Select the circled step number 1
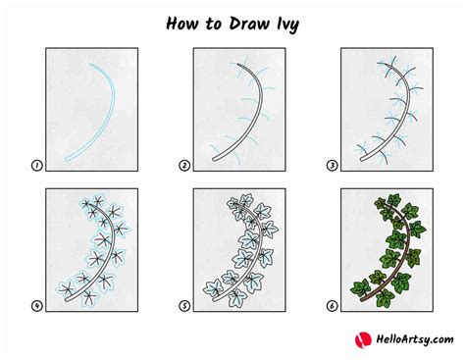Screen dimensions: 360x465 coord(35,167)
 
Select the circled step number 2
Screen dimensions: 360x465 coord(183,167)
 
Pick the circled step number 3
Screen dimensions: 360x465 coord(331,167)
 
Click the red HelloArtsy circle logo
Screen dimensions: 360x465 coord(362,339)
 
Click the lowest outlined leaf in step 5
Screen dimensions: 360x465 coord(211,287)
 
